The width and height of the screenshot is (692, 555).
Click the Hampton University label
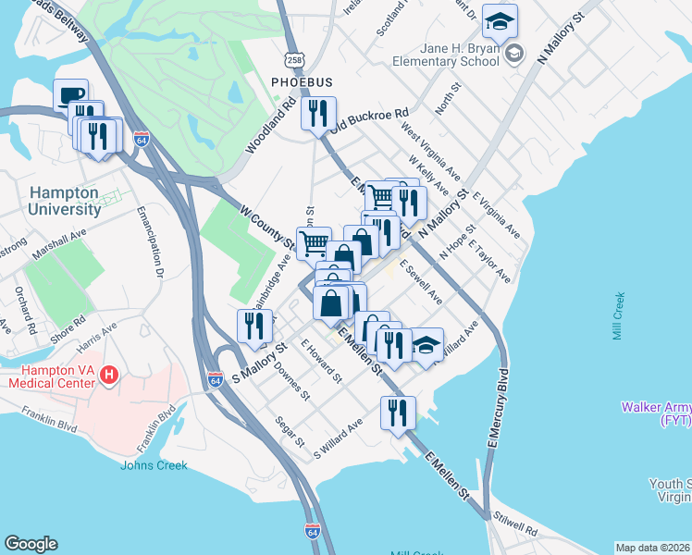[x=64, y=201]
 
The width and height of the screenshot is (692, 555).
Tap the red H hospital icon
[x=109, y=375]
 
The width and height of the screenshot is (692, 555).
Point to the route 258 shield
[x=294, y=59]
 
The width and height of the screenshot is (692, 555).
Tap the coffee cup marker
[x=70, y=96]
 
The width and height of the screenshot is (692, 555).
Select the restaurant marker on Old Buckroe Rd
[x=317, y=115]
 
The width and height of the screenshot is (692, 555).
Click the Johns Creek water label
[x=154, y=465]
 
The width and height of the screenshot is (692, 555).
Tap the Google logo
[x=31, y=544]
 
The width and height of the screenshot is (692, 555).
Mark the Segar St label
[x=290, y=431]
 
